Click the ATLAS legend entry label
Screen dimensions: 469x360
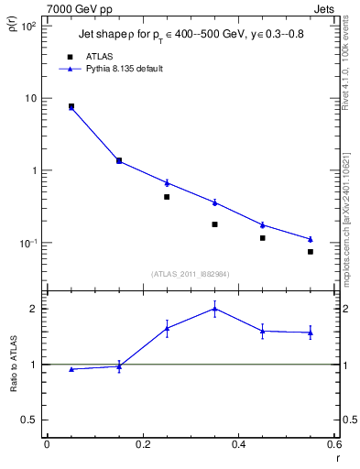97,56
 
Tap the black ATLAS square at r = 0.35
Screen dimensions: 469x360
214,224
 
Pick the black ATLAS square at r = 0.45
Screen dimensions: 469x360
262,238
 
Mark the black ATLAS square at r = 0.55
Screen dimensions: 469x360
311,252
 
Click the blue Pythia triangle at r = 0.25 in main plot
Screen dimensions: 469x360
167,182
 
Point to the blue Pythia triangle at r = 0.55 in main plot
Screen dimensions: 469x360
311,239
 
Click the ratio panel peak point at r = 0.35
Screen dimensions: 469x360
214,309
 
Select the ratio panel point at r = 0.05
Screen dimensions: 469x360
71,369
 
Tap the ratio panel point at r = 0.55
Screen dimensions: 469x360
311,333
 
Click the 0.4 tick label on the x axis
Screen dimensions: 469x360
238,445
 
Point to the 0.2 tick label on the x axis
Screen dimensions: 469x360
143,445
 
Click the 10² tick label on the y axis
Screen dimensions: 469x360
28,26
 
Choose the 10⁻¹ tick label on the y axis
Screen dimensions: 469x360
28,244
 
